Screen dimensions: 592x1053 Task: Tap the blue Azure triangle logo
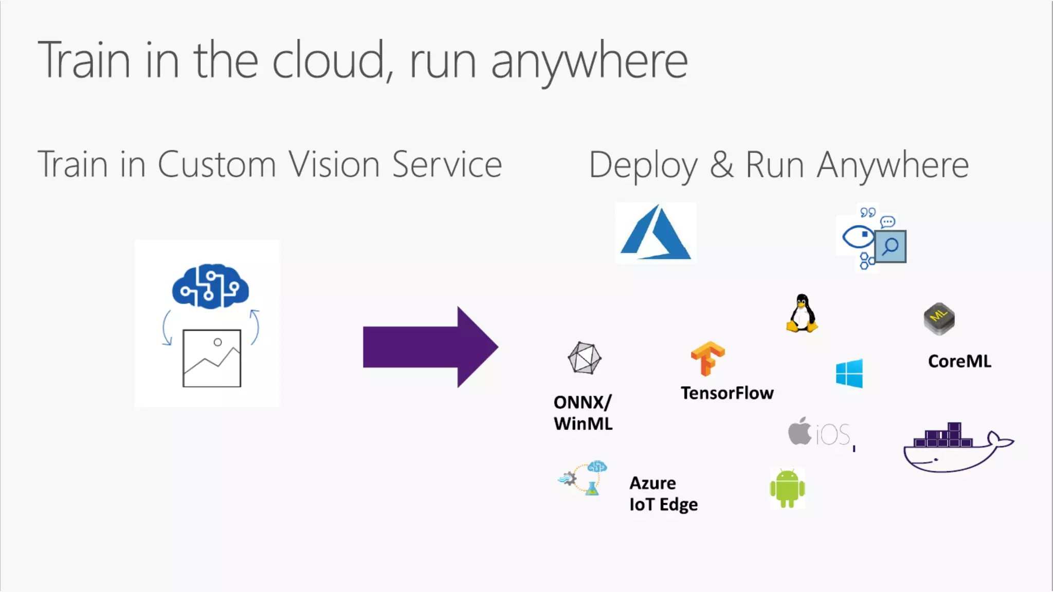tap(656, 234)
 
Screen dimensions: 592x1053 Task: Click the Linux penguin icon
tap(802, 313)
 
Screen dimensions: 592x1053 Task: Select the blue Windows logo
tap(849, 374)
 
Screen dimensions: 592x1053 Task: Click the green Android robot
tap(787, 488)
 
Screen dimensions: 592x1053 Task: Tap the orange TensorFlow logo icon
tap(707, 358)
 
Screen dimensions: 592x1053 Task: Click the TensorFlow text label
tap(727, 393)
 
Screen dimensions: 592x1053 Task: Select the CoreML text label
tap(959, 361)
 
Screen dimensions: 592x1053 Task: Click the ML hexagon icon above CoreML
tap(939, 319)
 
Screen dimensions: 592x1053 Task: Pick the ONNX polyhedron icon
tap(585, 358)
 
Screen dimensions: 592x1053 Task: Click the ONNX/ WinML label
tap(583, 413)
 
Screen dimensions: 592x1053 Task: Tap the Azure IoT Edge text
tap(663, 494)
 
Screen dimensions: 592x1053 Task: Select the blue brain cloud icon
tap(210, 286)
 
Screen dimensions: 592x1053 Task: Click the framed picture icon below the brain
tap(212, 358)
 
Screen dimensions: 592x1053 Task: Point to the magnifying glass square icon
tap(891, 247)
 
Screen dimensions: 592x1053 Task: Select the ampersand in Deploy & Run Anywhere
tap(722, 165)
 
